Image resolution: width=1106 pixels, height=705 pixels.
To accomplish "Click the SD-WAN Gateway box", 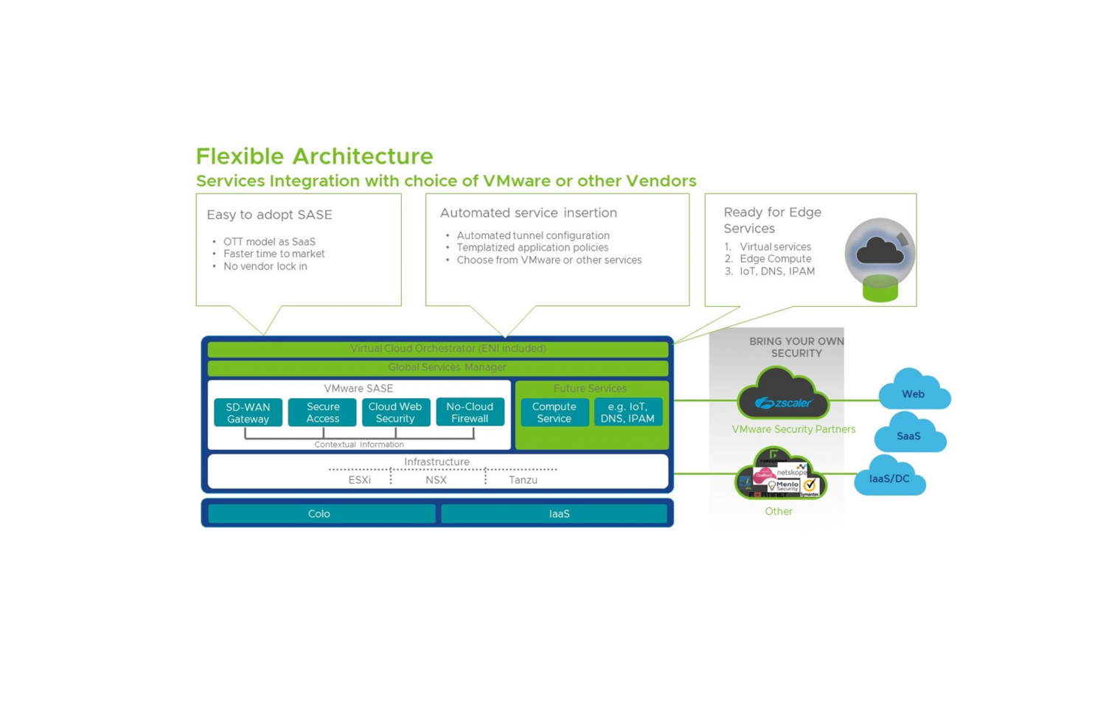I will [248, 412].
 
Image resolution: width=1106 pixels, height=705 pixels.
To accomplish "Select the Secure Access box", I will [322, 412].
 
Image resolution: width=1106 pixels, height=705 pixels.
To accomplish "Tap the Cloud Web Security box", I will [395, 412].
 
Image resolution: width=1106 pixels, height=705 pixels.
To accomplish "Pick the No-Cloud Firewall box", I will [470, 412].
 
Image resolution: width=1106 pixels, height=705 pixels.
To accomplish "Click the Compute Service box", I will [554, 412].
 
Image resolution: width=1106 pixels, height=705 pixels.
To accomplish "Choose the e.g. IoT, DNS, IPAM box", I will [627, 412].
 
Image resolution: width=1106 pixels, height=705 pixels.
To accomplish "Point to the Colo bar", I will [320, 513].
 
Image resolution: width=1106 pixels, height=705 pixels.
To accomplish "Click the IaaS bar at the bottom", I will [558, 513].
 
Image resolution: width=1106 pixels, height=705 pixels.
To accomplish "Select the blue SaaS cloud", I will [909, 435].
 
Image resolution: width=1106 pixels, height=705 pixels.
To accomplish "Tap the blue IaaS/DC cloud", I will [889, 478].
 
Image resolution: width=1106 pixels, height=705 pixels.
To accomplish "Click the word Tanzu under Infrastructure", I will [523, 480].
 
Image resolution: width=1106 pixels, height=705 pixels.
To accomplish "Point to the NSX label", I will [436, 480].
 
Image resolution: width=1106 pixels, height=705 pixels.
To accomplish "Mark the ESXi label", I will [359, 480].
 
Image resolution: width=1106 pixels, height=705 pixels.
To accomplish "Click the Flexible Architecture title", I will [314, 156].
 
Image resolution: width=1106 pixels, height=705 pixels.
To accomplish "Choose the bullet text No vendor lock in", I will [265, 266].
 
